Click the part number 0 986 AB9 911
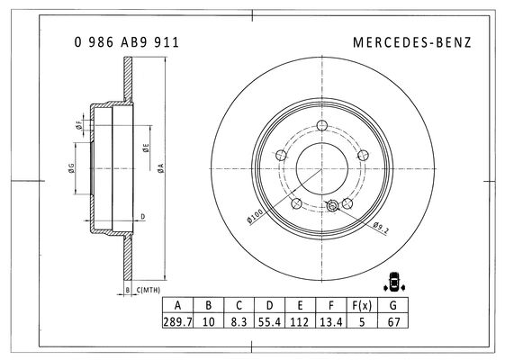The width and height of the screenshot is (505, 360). tap(127, 42)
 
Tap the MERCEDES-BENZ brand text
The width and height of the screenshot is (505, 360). tap(412, 42)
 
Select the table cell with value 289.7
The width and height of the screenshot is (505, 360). tap(177, 320)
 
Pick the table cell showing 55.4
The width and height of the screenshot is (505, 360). tap(269, 320)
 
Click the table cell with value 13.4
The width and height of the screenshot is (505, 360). tap(331, 320)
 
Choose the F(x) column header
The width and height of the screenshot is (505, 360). tap(362, 305)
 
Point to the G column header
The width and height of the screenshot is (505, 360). tap(392, 305)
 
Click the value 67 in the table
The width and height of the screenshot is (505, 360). tap(392, 320)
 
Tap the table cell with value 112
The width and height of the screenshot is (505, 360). tap(300, 320)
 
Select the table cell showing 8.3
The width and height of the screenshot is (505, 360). tap(239, 320)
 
